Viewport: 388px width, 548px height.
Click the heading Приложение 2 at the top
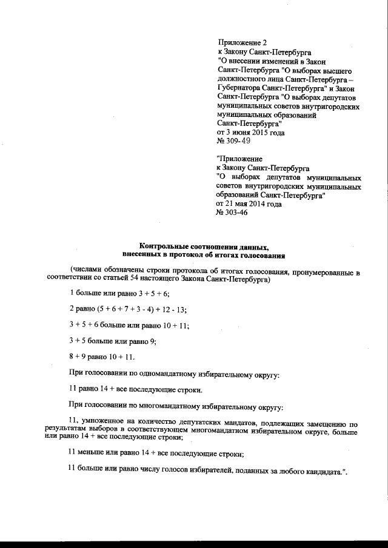click(x=241, y=42)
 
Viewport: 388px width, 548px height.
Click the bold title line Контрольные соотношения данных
click(x=203, y=246)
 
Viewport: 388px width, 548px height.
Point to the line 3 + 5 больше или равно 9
click(x=113, y=342)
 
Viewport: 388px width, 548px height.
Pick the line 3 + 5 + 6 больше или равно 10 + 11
click(x=129, y=326)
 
